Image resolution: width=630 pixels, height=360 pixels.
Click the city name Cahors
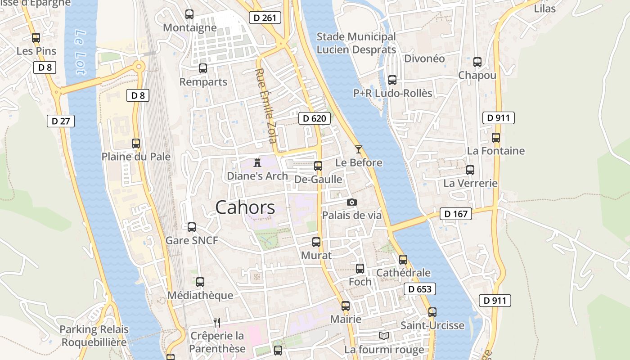click(245, 207)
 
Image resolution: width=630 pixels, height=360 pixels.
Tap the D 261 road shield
click(265, 18)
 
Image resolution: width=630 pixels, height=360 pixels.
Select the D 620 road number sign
click(314, 118)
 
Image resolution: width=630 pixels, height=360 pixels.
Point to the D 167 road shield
click(456, 214)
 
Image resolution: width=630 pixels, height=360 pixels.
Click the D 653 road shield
click(419, 289)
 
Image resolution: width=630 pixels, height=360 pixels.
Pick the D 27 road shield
click(60, 121)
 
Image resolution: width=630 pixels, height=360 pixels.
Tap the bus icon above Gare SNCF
click(192, 227)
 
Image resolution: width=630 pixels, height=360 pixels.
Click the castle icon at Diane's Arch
click(257, 162)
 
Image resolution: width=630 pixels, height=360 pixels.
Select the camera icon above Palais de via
click(352, 202)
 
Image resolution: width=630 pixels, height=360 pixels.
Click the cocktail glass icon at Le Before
click(359, 149)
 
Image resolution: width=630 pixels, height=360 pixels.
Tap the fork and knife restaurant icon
click(217, 322)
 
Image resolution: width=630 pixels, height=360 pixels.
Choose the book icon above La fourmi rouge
click(384, 336)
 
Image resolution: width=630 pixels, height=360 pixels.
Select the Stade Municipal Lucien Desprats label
click(356, 43)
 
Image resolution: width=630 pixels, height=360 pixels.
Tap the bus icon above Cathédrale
click(403, 260)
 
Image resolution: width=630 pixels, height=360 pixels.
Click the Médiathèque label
click(200, 295)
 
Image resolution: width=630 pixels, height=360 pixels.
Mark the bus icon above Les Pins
click(36, 38)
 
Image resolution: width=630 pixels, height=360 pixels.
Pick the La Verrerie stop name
click(470, 183)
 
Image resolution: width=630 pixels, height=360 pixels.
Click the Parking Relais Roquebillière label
click(94, 336)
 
